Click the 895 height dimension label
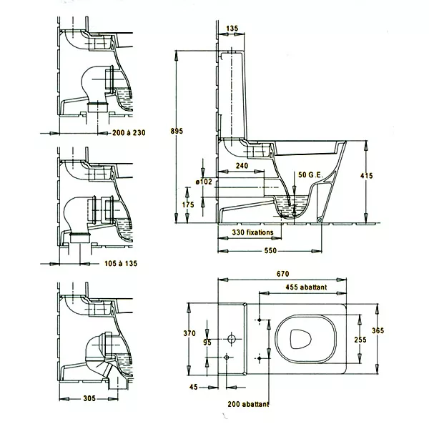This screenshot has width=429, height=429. [177, 131]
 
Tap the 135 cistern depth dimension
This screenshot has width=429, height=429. [232, 28]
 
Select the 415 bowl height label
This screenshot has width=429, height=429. [366, 176]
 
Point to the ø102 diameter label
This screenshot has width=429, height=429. [204, 182]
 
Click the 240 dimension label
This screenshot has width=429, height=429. [242, 166]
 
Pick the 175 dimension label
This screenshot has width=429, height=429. [188, 204]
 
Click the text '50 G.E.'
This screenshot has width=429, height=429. [310, 175]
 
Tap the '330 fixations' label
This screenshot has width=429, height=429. [252, 232]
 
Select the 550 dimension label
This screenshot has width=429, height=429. [270, 251]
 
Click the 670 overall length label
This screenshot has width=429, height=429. [282, 274]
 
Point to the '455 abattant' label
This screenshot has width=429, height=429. [306, 287]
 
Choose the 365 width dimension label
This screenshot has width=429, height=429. [378, 330]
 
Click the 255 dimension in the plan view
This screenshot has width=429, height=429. [360, 340]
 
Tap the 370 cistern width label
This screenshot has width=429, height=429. [189, 333]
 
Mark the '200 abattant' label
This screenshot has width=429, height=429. [248, 404]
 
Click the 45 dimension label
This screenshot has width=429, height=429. [194, 387]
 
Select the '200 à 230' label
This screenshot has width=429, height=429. [129, 133]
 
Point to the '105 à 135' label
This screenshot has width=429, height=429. [121, 263]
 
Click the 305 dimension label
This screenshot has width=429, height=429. [89, 398]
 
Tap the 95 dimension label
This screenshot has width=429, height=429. [207, 342]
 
